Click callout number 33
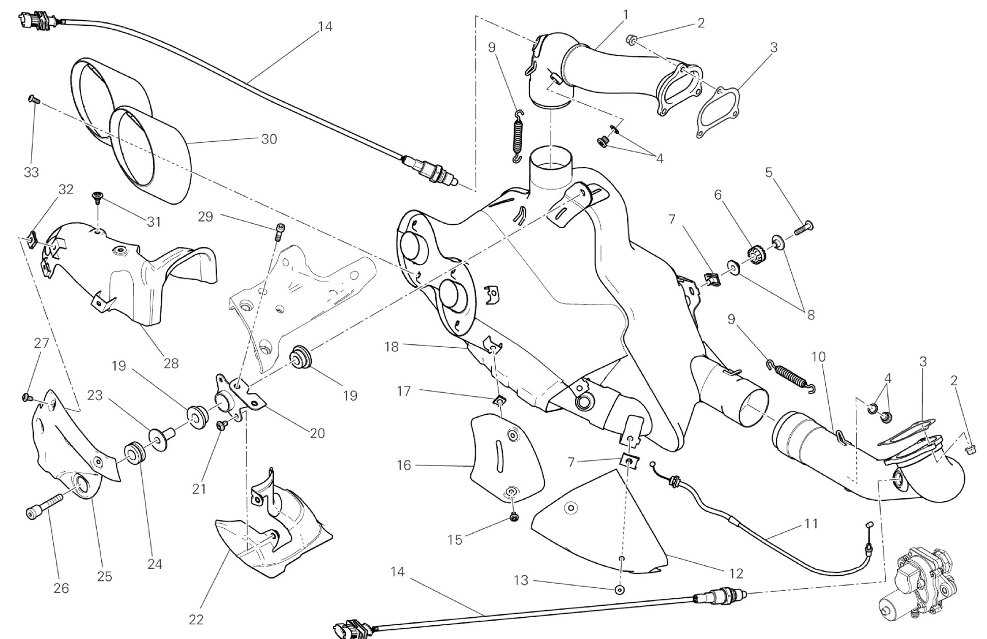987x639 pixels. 32,172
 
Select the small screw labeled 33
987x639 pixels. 33,99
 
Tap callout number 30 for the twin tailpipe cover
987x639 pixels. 269,139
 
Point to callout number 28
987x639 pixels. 171,363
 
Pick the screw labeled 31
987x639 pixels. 97,196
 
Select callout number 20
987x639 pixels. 317,433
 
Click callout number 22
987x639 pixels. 196,619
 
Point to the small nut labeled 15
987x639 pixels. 514,518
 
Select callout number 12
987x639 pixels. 736,573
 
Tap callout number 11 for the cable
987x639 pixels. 811,523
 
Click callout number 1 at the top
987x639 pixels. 625,14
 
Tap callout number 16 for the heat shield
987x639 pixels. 404,465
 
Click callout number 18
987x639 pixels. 392,347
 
